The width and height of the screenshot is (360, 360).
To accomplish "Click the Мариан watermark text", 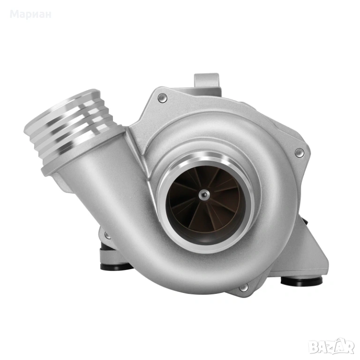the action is [x=30, y=14].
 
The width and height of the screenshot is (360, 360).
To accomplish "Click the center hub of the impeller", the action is [x=204, y=195].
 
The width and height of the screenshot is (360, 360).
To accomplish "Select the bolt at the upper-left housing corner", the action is [x=162, y=98].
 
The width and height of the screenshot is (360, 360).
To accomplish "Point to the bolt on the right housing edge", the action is [x=300, y=153].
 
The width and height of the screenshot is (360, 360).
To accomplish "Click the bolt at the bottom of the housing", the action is [x=244, y=288].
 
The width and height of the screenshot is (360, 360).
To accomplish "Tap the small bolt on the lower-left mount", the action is [x=107, y=235].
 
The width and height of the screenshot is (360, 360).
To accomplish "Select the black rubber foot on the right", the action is [x=301, y=281].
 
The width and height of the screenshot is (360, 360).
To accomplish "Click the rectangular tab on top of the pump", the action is [x=207, y=80].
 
